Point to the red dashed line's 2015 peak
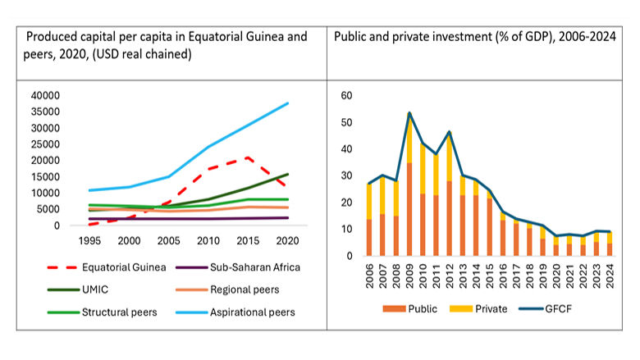(x=248, y=157)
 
